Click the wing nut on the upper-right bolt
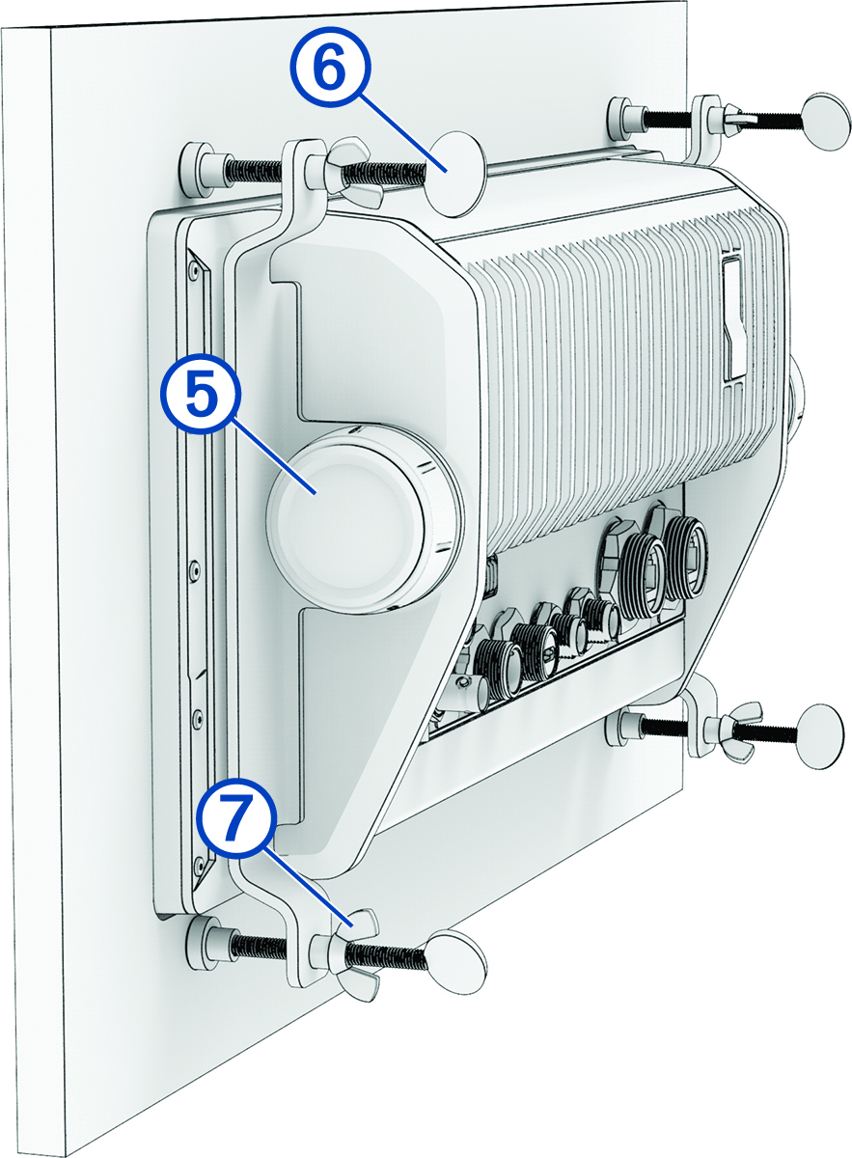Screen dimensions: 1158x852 [741, 121]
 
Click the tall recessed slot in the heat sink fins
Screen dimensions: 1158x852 [734, 318]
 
